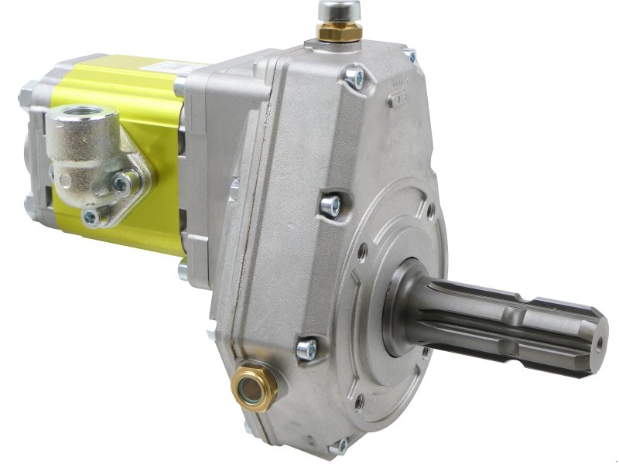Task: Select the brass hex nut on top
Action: [x=339, y=32]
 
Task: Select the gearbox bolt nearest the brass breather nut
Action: [x=356, y=77]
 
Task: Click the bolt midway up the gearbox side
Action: [x=330, y=205]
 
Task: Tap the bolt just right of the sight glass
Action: [x=307, y=349]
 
